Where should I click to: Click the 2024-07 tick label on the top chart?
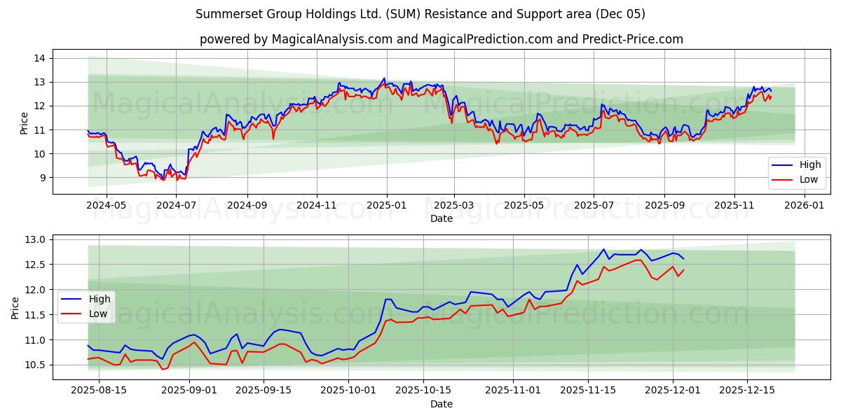(177, 206)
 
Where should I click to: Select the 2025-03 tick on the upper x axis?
(454, 206)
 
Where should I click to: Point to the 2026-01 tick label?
(803, 206)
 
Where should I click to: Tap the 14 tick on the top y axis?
(40, 58)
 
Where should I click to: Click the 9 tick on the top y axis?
(43, 178)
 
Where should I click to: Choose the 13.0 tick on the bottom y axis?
(35, 239)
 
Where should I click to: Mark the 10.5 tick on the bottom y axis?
(35, 365)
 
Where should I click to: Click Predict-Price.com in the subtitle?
(633, 39)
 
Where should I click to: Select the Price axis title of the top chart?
(24, 122)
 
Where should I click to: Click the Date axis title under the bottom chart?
(442, 404)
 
